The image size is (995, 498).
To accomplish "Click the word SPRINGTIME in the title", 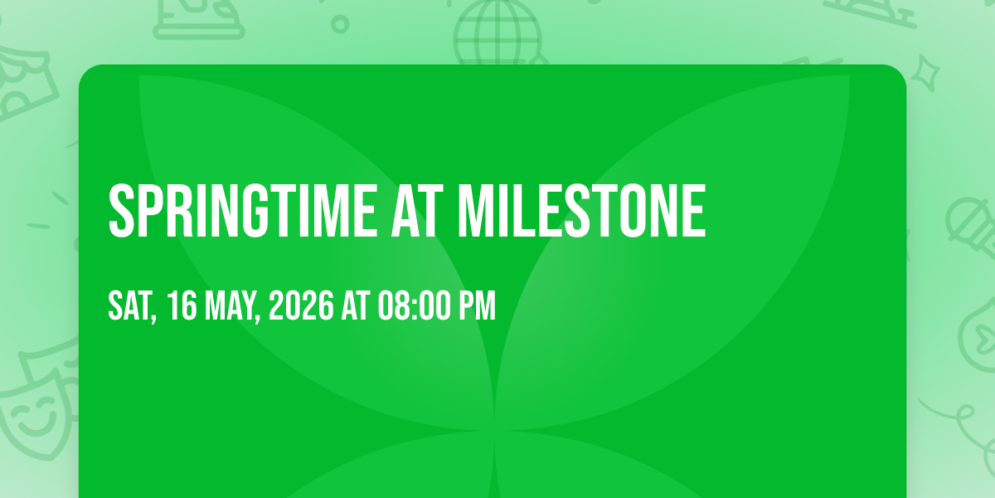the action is coord(243,211).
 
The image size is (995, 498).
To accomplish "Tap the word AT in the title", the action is coord(417,211).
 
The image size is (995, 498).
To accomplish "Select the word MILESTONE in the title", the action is coord(582,211).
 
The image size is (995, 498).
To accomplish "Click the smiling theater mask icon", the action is coord(33,413).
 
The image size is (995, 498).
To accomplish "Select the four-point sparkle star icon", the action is coord(925,73).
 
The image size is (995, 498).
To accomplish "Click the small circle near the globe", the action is coord(340,24).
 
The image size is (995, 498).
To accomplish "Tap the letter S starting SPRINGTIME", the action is coord(121,211).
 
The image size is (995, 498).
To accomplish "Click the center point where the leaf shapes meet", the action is coord(494,431).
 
